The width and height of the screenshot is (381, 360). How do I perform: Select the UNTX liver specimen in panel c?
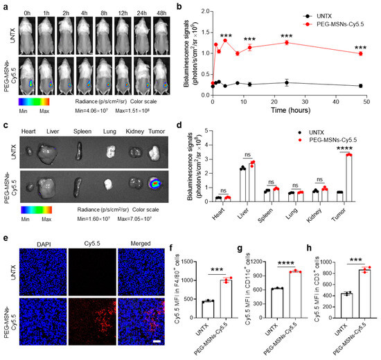pyautogui.click(x=48, y=150)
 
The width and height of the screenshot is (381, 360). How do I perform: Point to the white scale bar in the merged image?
pyautogui.click(x=157, y=343)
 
